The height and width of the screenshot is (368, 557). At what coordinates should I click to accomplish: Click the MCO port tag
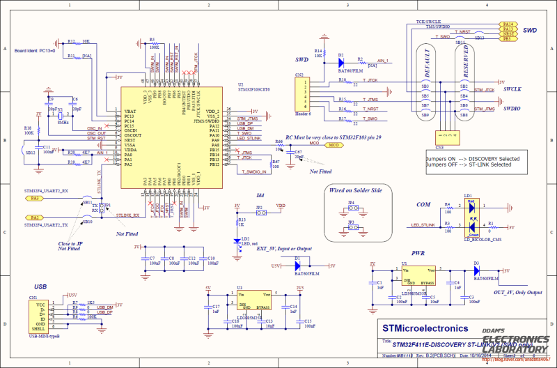click(x=334, y=146)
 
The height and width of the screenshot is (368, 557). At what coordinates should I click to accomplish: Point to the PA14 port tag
click(x=509, y=24)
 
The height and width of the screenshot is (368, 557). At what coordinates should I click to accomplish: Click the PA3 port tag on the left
click(x=36, y=198)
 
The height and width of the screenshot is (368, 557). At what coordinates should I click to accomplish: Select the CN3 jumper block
click(x=441, y=137)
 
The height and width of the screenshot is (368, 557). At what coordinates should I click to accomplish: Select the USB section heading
click(x=40, y=286)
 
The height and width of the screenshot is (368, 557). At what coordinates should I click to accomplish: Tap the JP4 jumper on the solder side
click(x=351, y=208)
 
